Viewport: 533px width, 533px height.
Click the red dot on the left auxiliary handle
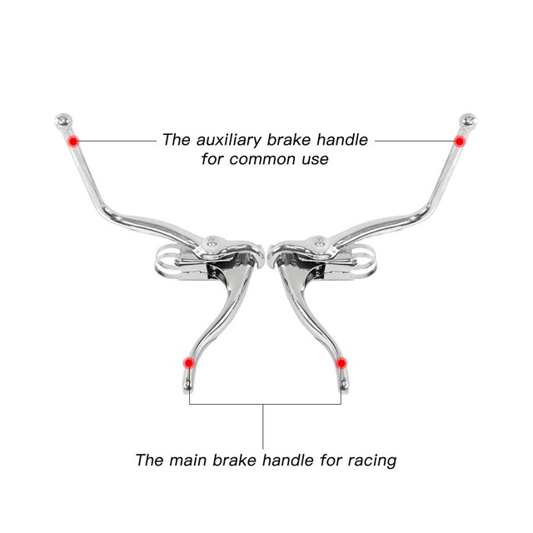click(x=73, y=141)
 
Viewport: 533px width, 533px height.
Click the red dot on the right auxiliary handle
click(x=459, y=141)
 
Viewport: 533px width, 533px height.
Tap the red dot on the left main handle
click(x=188, y=363)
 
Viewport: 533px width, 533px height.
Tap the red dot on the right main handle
click(x=341, y=363)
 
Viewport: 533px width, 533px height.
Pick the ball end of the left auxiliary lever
click(x=62, y=121)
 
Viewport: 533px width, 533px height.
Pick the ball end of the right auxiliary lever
click(x=470, y=121)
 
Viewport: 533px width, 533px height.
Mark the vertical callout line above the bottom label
click(x=265, y=425)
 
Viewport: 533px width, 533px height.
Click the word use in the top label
click(x=316, y=158)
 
